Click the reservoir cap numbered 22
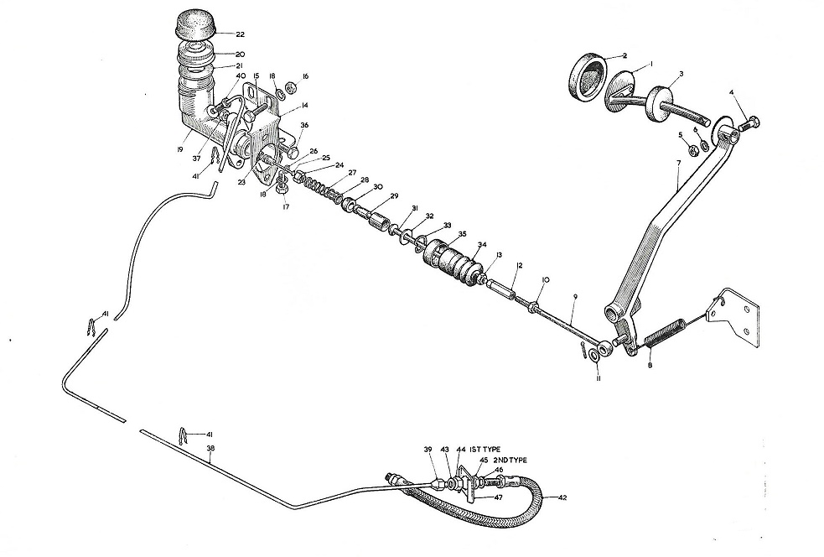pyautogui.click(x=194, y=24)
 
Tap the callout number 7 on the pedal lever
pyautogui.click(x=678, y=163)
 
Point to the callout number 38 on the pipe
pyautogui.click(x=210, y=449)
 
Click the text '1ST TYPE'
pyautogui.click(x=486, y=449)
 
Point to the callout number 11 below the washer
pyautogui.click(x=598, y=377)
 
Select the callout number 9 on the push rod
pyautogui.click(x=575, y=297)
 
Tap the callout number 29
pyautogui.click(x=394, y=196)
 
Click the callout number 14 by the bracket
pyautogui.click(x=304, y=106)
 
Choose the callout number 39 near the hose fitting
pyautogui.click(x=428, y=449)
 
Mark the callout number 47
pyautogui.click(x=498, y=496)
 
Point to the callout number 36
pyautogui.click(x=304, y=125)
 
